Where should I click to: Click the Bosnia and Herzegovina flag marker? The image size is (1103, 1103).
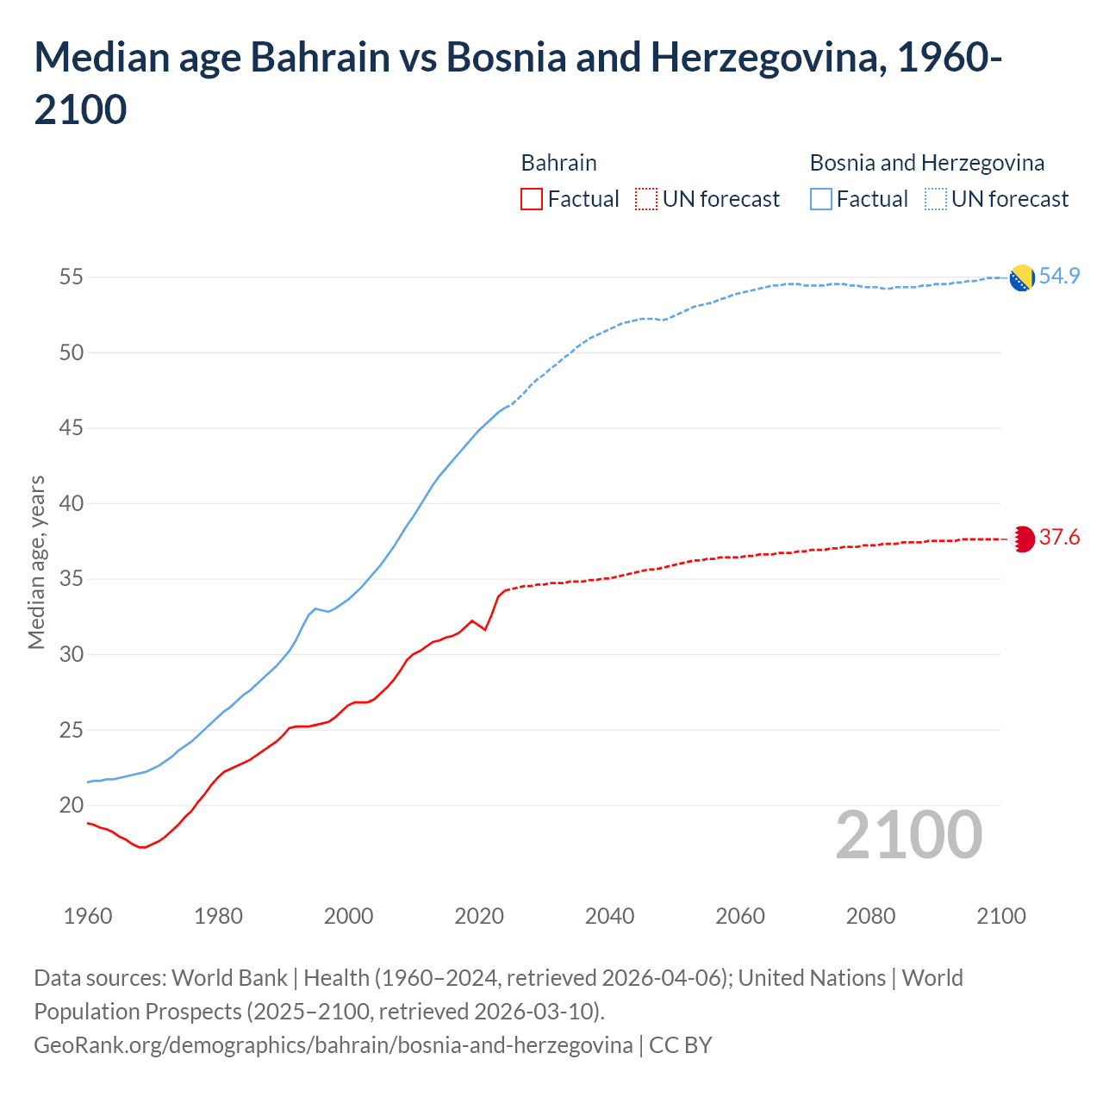pyautogui.click(x=1021, y=278)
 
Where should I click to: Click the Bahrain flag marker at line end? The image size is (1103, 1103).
pyautogui.click(x=1022, y=539)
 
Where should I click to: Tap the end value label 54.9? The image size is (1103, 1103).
pyautogui.click(x=1059, y=277)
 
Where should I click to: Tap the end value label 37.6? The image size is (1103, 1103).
pyautogui.click(x=1059, y=538)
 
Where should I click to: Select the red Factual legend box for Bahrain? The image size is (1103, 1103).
pyautogui.click(x=532, y=199)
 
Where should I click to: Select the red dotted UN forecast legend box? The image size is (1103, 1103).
pyautogui.click(x=646, y=199)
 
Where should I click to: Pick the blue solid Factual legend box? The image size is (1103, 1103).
pyautogui.click(x=821, y=199)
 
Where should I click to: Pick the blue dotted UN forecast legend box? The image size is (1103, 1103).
pyautogui.click(x=935, y=199)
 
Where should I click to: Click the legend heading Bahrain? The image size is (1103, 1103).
pyautogui.click(x=558, y=163)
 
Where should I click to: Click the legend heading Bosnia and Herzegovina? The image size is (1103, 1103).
pyautogui.click(x=926, y=163)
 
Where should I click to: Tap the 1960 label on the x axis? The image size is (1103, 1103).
pyautogui.click(x=88, y=916)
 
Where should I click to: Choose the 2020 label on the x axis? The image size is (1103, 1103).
pyautogui.click(x=479, y=916)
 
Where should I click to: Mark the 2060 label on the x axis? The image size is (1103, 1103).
pyautogui.click(x=740, y=916)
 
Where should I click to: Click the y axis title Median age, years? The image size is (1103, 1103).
pyautogui.click(x=36, y=562)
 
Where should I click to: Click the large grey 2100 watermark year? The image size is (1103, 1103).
pyautogui.click(x=908, y=835)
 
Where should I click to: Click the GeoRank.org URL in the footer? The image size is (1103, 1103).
pyautogui.click(x=333, y=1045)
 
